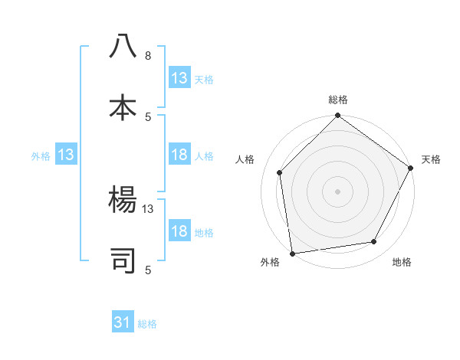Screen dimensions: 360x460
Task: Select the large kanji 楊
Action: [123, 198]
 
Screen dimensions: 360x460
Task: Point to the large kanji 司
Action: [123, 260]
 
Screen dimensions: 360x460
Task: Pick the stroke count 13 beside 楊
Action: [148, 208]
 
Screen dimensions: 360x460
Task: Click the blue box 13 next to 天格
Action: [179, 78]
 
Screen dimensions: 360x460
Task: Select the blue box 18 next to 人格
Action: [179, 155]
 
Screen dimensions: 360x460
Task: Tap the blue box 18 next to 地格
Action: [179, 231]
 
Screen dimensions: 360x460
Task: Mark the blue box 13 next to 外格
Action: [66, 155]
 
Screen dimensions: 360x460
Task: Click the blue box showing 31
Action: [123, 323]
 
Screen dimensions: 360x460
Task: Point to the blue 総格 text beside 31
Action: [147, 324]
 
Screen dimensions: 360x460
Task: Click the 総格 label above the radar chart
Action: [338, 100]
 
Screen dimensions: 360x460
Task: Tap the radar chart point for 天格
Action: [411, 168]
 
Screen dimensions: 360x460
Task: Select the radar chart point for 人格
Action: [280, 172]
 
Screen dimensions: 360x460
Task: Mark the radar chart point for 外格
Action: [292, 253]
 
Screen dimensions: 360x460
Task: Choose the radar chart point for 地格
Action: [374, 241]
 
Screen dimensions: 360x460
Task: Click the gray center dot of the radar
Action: [337, 191]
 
